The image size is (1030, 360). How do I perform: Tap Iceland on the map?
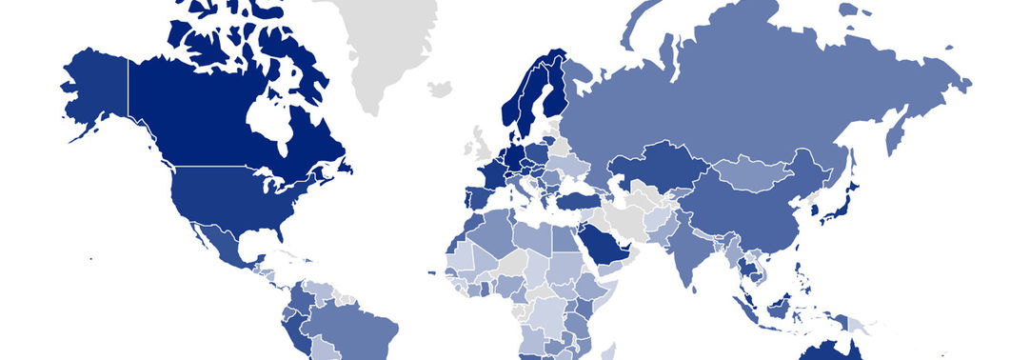point(440,89)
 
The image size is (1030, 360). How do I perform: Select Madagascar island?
point(623,353)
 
